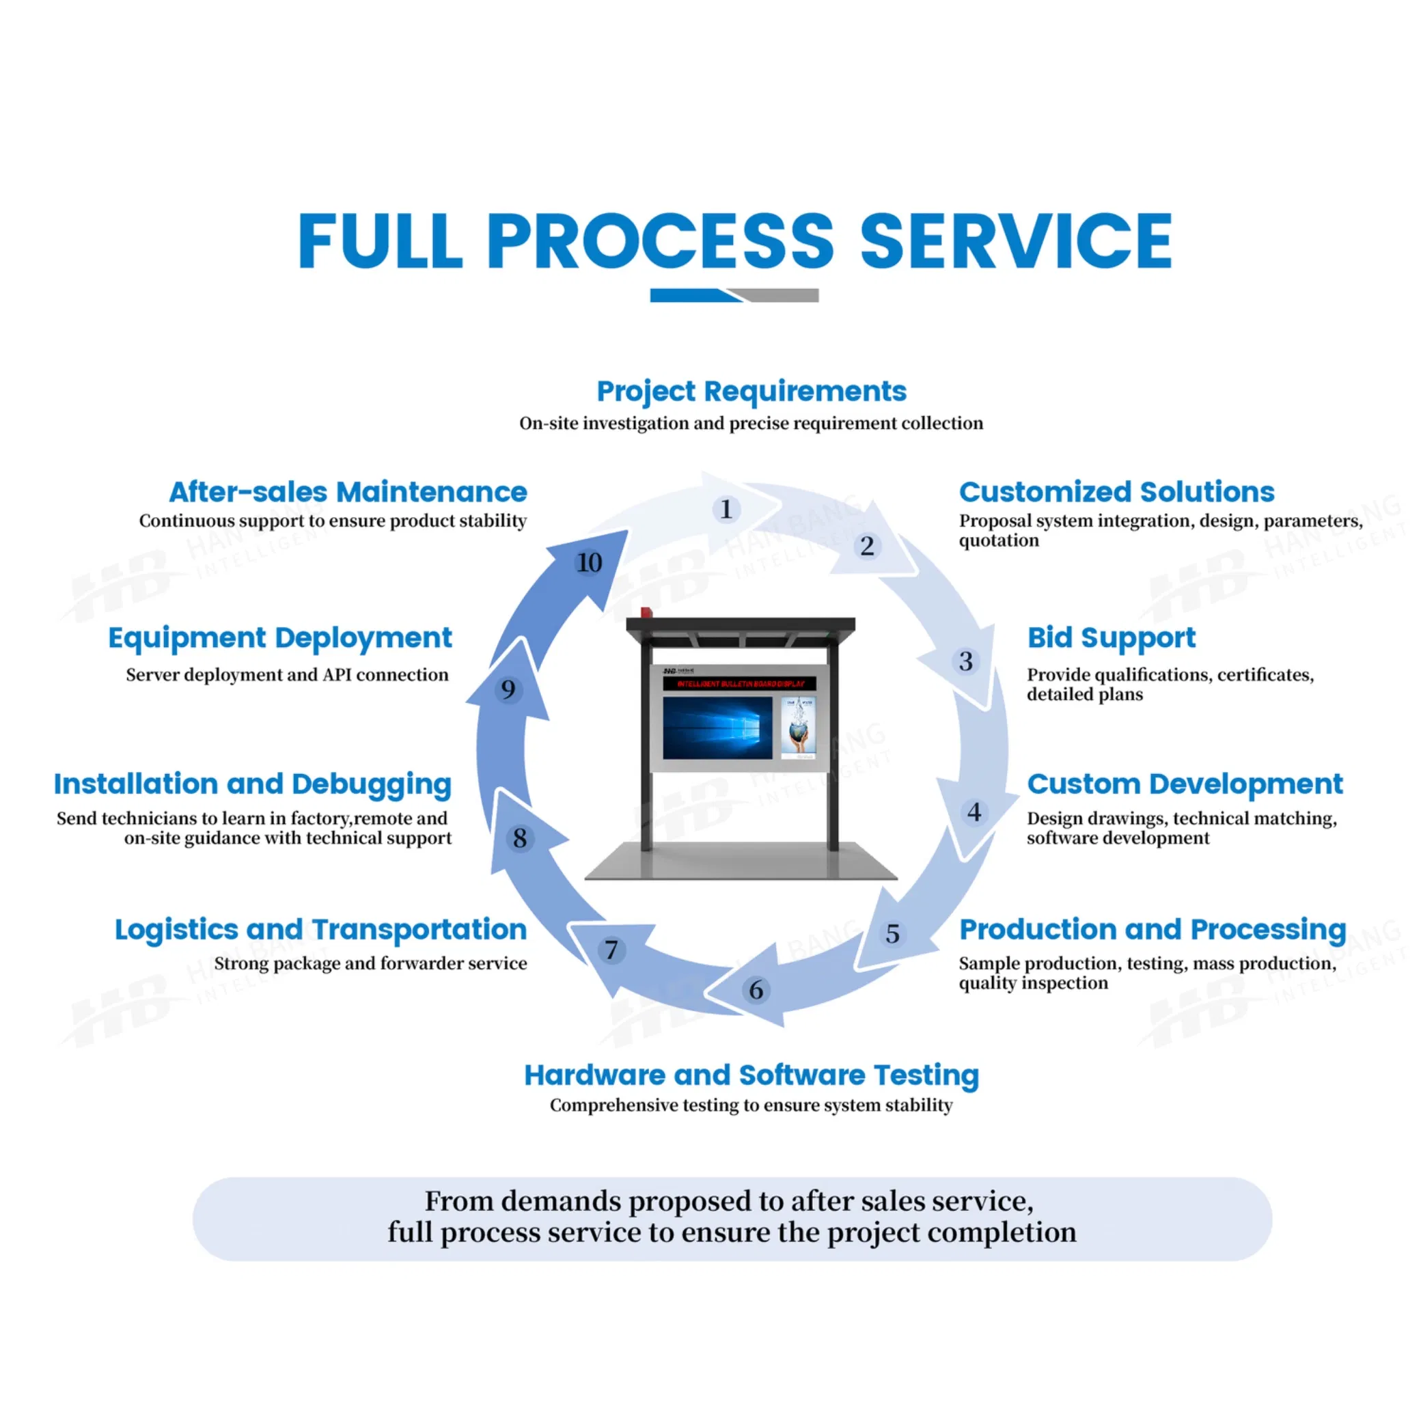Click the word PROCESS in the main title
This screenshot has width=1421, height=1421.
click(x=660, y=241)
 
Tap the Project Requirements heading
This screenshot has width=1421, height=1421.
click(x=751, y=391)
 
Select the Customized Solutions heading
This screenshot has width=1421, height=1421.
click(x=1116, y=491)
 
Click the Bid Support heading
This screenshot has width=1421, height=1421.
click(x=1111, y=637)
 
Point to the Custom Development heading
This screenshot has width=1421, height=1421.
click(x=1184, y=784)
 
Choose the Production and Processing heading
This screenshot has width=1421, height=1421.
click(x=1152, y=930)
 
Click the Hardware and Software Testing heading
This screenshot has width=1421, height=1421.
click(x=751, y=1075)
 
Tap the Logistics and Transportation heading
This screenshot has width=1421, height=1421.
click(x=320, y=930)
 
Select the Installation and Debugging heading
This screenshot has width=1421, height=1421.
click(x=252, y=784)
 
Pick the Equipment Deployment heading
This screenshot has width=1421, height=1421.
click(x=279, y=637)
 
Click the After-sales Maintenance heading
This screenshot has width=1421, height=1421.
click(x=348, y=491)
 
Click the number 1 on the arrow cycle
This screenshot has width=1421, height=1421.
click(x=726, y=509)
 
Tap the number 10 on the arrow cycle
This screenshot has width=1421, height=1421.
click(x=589, y=563)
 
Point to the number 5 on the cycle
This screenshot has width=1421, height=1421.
click(x=892, y=934)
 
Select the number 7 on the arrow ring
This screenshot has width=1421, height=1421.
click(x=611, y=950)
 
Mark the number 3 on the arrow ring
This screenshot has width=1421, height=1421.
click(x=966, y=661)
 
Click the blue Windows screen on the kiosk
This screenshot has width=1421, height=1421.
click(x=717, y=728)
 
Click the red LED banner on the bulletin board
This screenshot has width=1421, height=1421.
click(x=739, y=684)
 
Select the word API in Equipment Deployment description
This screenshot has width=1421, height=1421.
click(x=337, y=675)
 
